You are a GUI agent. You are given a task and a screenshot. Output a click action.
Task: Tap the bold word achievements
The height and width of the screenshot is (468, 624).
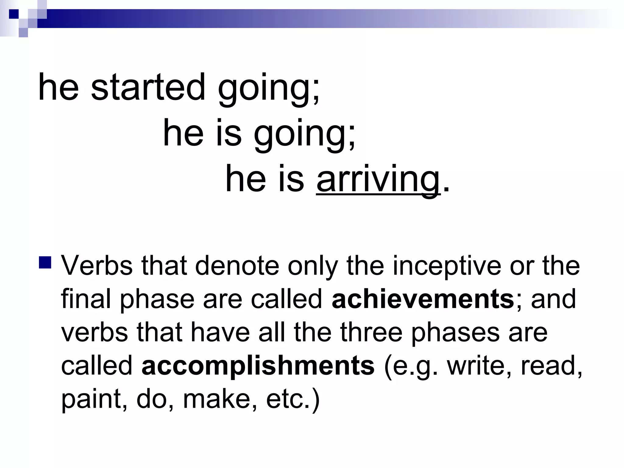pyautogui.click(x=423, y=299)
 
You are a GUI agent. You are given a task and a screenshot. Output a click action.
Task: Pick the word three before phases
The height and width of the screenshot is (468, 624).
pyautogui.click(x=371, y=332)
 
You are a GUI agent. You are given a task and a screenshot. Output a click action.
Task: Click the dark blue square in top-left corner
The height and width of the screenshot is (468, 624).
pyautogui.click(x=14, y=14)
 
